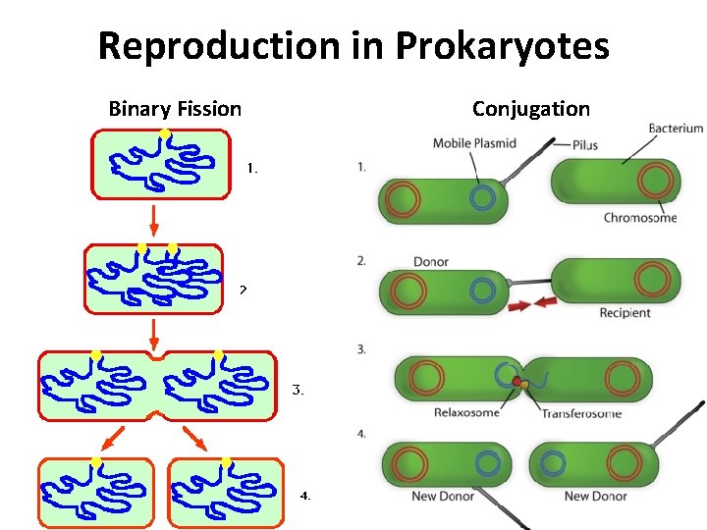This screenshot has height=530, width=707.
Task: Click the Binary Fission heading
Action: [x=175, y=109]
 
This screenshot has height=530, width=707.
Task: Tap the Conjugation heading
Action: [x=530, y=109]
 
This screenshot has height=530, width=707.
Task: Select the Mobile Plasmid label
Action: [x=474, y=144]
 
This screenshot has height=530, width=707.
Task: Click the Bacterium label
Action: [x=676, y=128]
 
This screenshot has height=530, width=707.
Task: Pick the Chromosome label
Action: [x=640, y=218]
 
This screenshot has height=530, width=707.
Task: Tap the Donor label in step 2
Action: [x=431, y=262]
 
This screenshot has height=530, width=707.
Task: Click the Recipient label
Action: [x=625, y=313]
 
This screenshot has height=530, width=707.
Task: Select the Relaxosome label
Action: [x=466, y=413]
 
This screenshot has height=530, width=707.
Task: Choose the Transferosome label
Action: [x=580, y=413]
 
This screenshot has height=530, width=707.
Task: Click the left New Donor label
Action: [x=443, y=497]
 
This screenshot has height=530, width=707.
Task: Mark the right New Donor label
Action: [x=595, y=497]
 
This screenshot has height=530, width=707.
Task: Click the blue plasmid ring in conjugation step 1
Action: [x=482, y=198]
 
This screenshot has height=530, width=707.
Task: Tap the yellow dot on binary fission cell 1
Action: [x=165, y=132]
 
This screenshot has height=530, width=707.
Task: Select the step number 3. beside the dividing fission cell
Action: [x=299, y=391]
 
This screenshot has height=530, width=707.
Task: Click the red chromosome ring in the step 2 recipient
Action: [x=651, y=280]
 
